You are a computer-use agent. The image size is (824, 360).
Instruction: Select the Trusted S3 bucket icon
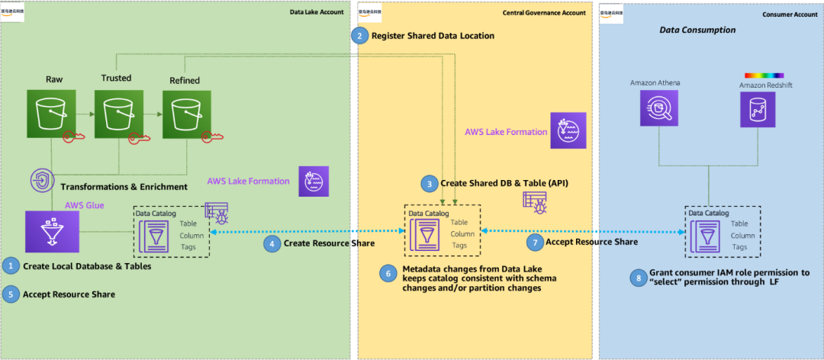pyautogui.click(x=116, y=113)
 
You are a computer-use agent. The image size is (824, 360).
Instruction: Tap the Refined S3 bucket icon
pyautogui.click(x=184, y=113)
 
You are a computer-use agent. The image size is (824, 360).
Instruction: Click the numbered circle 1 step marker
pyautogui.click(x=10, y=266)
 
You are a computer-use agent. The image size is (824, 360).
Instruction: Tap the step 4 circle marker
pyautogui.click(x=271, y=243)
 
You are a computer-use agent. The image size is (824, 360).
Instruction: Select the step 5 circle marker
pyautogui.click(x=10, y=294)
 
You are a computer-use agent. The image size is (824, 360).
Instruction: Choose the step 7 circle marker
pyautogui.click(x=534, y=243)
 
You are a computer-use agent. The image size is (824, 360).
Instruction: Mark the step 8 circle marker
pyautogui.click(x=638, y=277)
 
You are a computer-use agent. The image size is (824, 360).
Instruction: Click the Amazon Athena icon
pyautogui.click(x=656, y=108)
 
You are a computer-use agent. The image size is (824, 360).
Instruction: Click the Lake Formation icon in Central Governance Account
pyautogui.click(x=568, y=130)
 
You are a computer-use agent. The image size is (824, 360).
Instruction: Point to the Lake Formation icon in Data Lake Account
pyautogui.click(x=314, y=181)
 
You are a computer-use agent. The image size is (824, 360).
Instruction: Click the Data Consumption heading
pyautogui.click(x=697, y=30)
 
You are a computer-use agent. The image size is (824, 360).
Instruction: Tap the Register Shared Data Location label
pyautogui.click(x=433, y=36)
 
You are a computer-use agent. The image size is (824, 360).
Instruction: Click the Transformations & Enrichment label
pyautogui.click(x=123, y=186)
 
